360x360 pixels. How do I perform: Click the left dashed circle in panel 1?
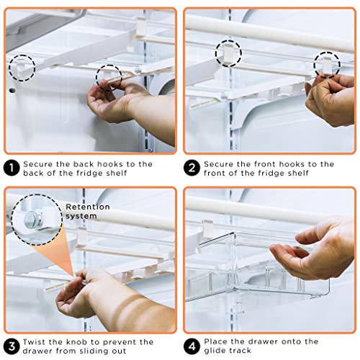[x=22, y=67]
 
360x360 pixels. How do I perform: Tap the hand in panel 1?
[x=122, y=108]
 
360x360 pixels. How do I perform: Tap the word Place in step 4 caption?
[x=217, y=342]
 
